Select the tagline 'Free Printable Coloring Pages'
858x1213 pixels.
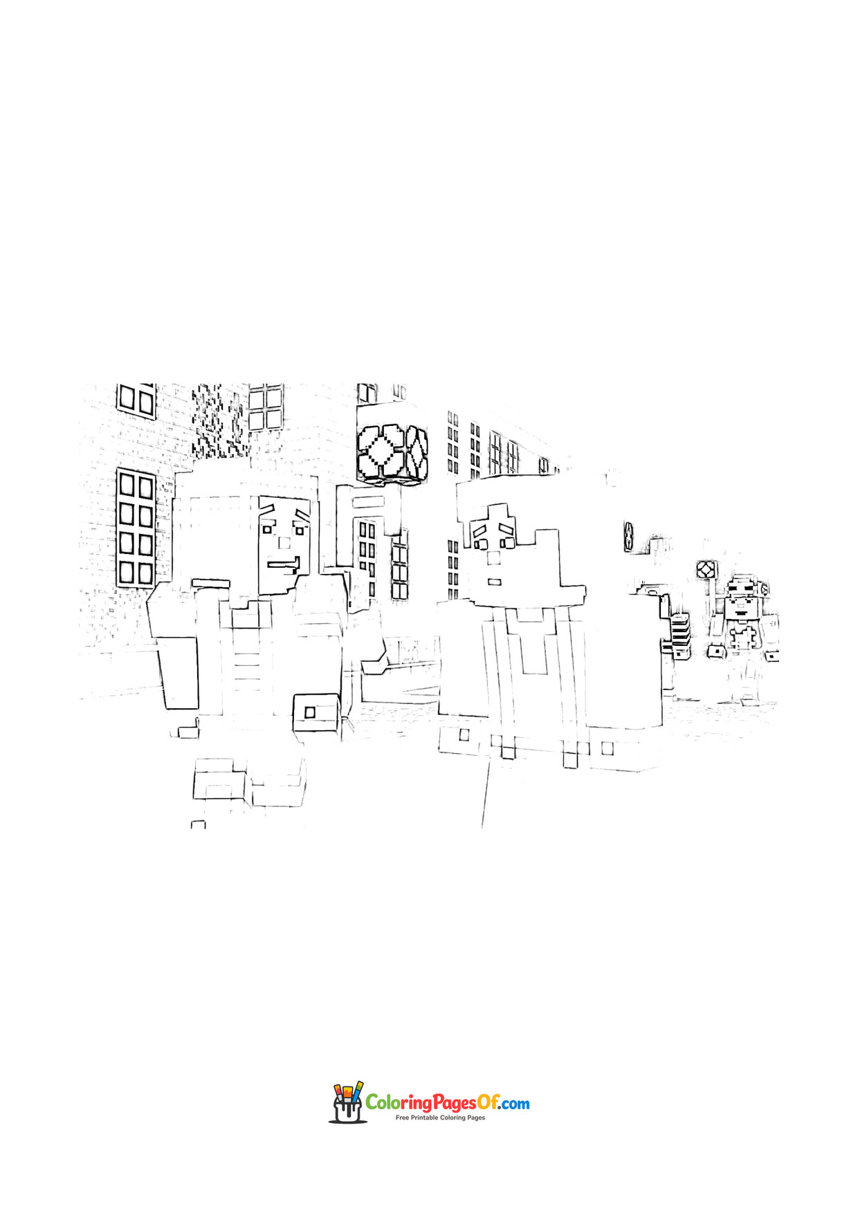440,1118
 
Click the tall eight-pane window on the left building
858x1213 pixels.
136,528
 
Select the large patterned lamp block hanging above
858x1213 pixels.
392,454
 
